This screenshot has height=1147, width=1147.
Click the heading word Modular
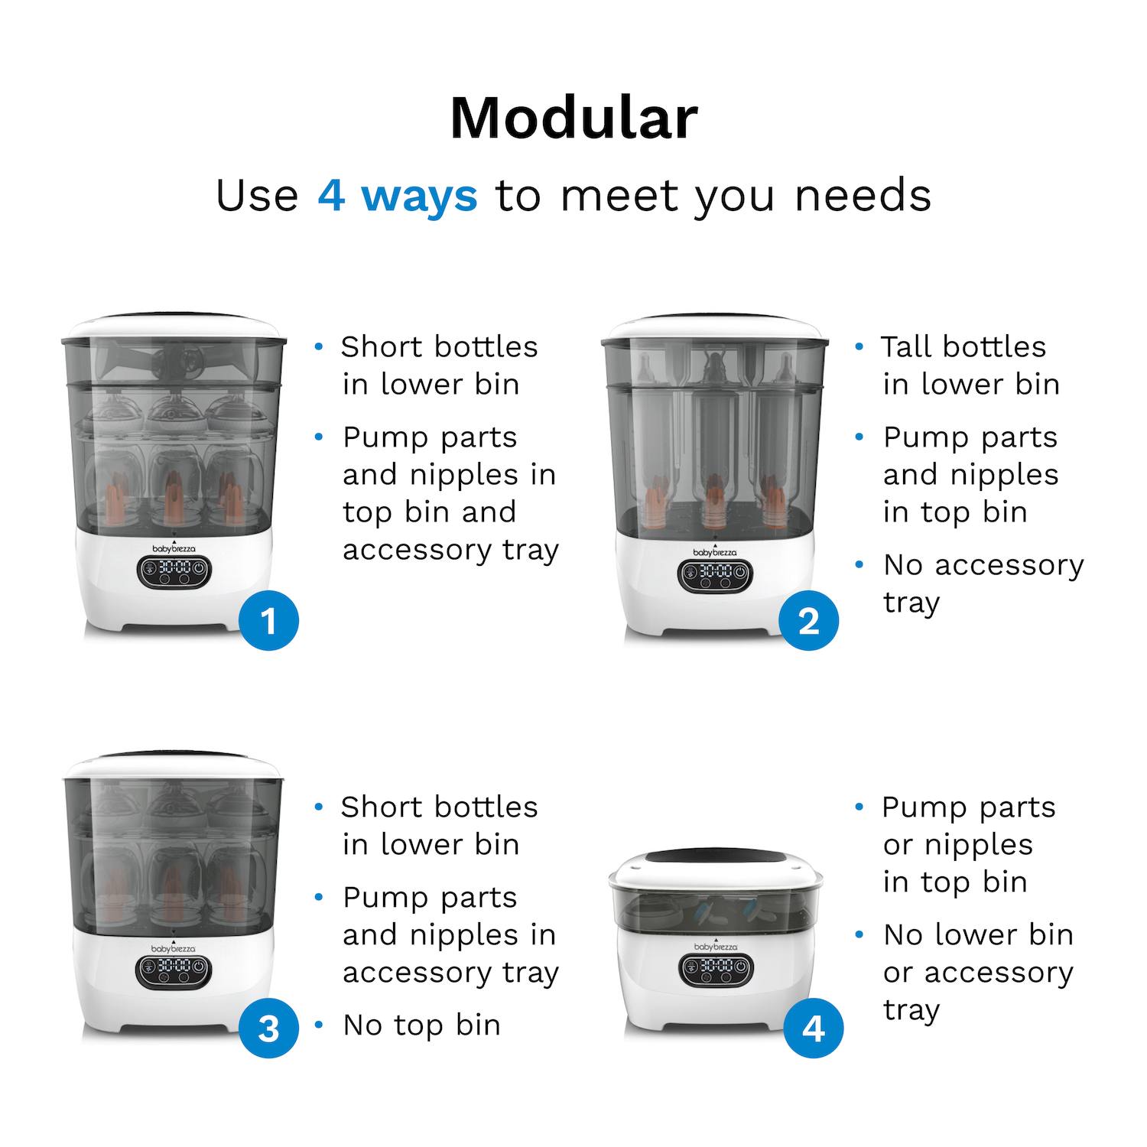(573, 119)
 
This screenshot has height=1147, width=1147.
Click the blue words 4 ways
(398, 196)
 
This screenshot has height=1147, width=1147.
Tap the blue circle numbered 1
(268, 621)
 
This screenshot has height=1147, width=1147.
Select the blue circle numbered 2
(809, 621)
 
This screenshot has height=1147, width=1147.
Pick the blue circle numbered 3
(268, 1028)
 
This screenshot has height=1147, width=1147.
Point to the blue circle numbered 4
(813, 1028)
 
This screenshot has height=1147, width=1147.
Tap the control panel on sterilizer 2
(716, 575)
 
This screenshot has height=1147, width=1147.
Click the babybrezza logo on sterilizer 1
(174, 548)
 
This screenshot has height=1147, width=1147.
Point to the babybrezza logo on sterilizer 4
(716, 946)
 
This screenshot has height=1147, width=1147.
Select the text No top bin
(421, 1025)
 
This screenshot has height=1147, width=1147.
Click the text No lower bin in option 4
(978, 934)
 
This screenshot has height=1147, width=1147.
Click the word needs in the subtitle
(863, 196)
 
